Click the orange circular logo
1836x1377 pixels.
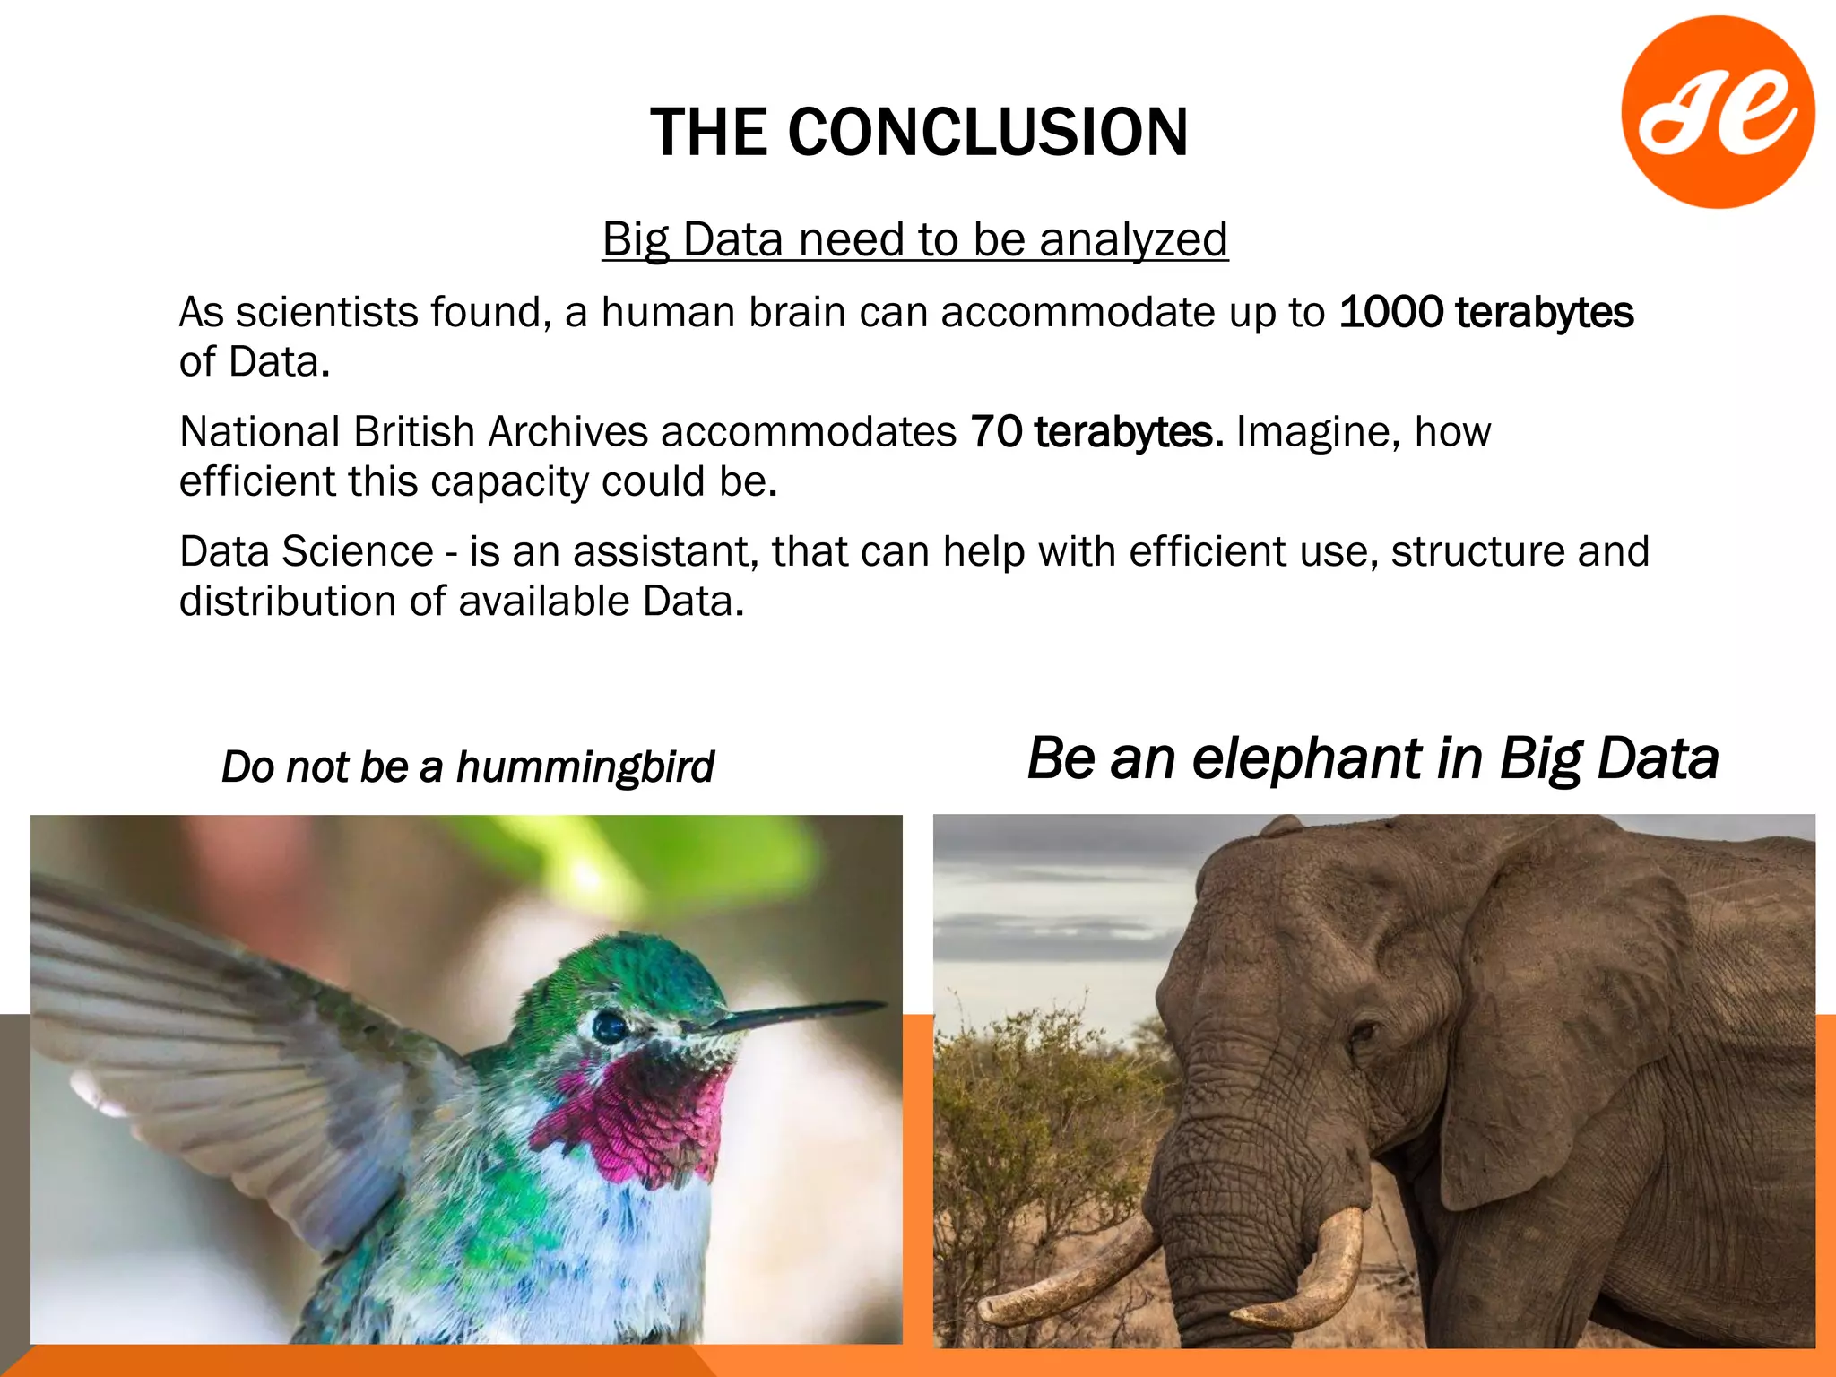point(1718,112)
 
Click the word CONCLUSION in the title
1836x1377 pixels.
point(988,133)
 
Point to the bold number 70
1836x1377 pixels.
point(996,432)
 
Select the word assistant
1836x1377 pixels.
point(665,551)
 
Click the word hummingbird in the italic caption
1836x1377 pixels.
point(585,767)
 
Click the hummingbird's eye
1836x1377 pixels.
point(610,1026)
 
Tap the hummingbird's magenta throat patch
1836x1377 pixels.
point(645,1116)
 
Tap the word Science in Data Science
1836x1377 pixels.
point(357,551)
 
